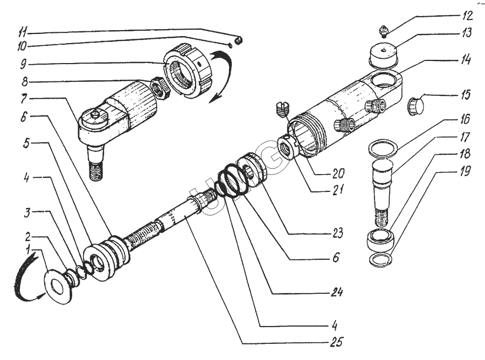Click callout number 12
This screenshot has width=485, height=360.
(x=467, y=15)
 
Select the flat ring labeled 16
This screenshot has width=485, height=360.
(x=384, y=147)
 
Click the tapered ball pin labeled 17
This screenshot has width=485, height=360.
(x=384, y=189)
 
